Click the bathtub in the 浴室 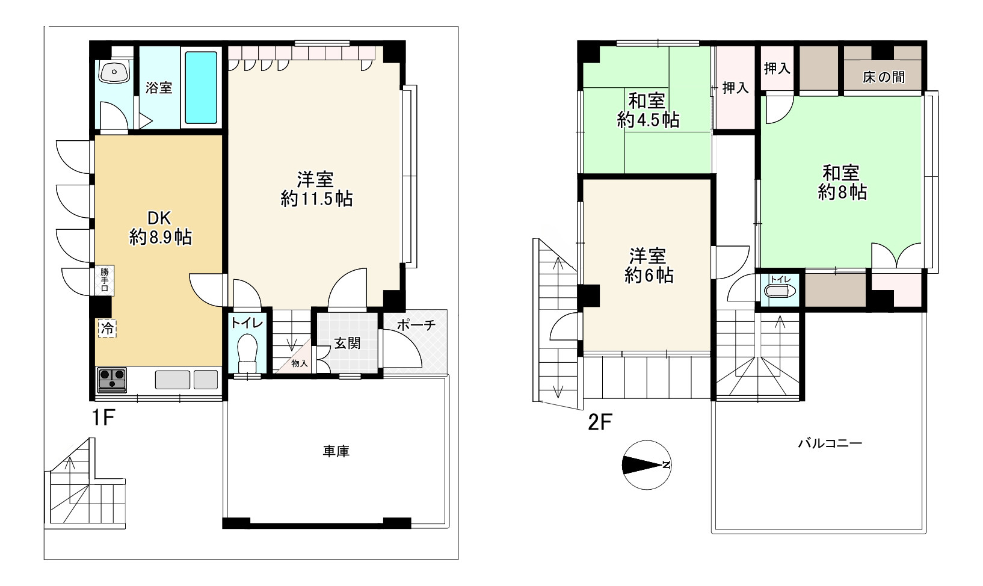click(x=201, y=87)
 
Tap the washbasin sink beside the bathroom click(x=114, y=72)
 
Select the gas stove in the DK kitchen click(x=112, y=380)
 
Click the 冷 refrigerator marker click(x=107, y=328)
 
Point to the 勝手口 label click(x=105, y=280)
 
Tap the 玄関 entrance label click(x=348, y=344)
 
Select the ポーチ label click(x=416, y=325)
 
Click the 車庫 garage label click(x=336, y=451)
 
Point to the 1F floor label click(x=103, y=418)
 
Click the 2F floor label click(x=600, y=422)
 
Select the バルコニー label click(x=830, y=443)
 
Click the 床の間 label click(x=883, y=77)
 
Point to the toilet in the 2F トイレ click(x=780, y=291)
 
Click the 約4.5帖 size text click(x=648, y=120)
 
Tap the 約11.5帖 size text click(x=316, y=199)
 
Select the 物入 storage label click(x=299, y=363)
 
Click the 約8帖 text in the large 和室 click(x=842, y=192)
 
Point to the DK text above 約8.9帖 click(x=159, y=218)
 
